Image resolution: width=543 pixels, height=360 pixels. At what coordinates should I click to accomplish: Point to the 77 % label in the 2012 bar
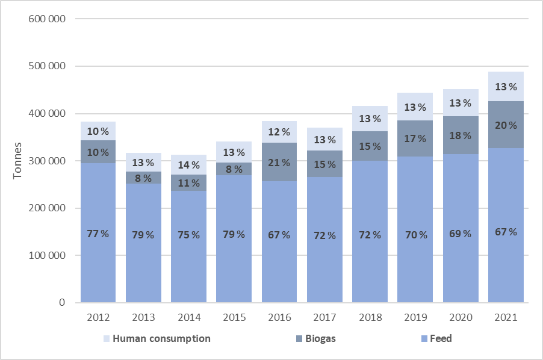[x=98, y=234]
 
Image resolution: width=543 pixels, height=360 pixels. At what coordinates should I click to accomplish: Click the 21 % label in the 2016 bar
[x=279, y=163]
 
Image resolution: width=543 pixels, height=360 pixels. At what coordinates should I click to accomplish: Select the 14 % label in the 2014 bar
[x=188, y=165]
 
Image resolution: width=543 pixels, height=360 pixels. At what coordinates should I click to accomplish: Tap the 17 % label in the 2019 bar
[x=415, y=138]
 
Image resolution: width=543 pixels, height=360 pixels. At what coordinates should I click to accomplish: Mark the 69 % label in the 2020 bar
[x=461, y=233]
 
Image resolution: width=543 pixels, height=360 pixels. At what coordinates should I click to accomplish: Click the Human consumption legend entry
[x=157, y=338]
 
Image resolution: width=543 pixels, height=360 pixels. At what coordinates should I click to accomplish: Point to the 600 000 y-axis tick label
[x=47, y=19]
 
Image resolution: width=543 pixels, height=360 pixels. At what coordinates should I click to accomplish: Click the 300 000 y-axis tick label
[x=47, y=161]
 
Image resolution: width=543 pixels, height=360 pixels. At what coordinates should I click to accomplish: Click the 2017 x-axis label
[x=324, y=317]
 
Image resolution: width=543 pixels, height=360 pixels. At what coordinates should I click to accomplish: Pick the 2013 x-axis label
[x=143, y=317]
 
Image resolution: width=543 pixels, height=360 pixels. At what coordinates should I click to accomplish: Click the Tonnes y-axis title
[x=19, y=161]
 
